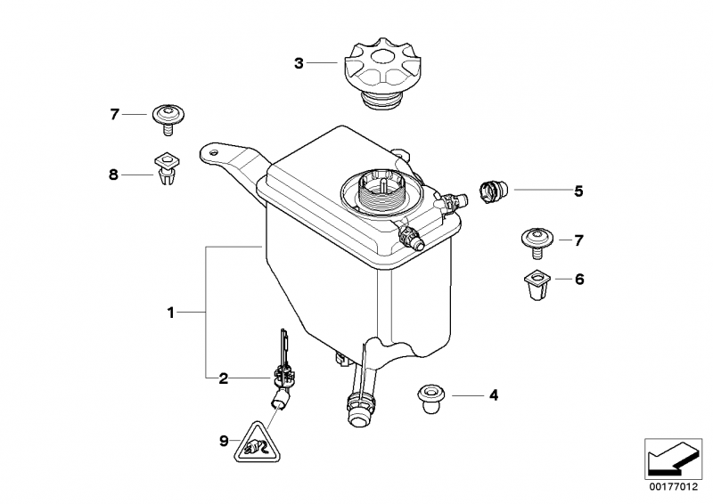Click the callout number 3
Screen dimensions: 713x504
[299, 63]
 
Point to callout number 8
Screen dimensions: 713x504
[113, 175]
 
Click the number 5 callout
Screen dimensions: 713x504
[578, 191]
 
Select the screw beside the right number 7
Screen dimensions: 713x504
[537, 243]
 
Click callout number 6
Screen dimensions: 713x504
[579, 279]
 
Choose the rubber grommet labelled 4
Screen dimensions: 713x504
[431, 398]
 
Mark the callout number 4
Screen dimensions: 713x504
[494, 395]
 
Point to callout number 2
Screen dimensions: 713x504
[224, 378]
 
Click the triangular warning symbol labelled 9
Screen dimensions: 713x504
[257, 443]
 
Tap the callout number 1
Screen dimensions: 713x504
[171, 313]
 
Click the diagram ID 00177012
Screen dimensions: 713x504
[674, 487]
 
